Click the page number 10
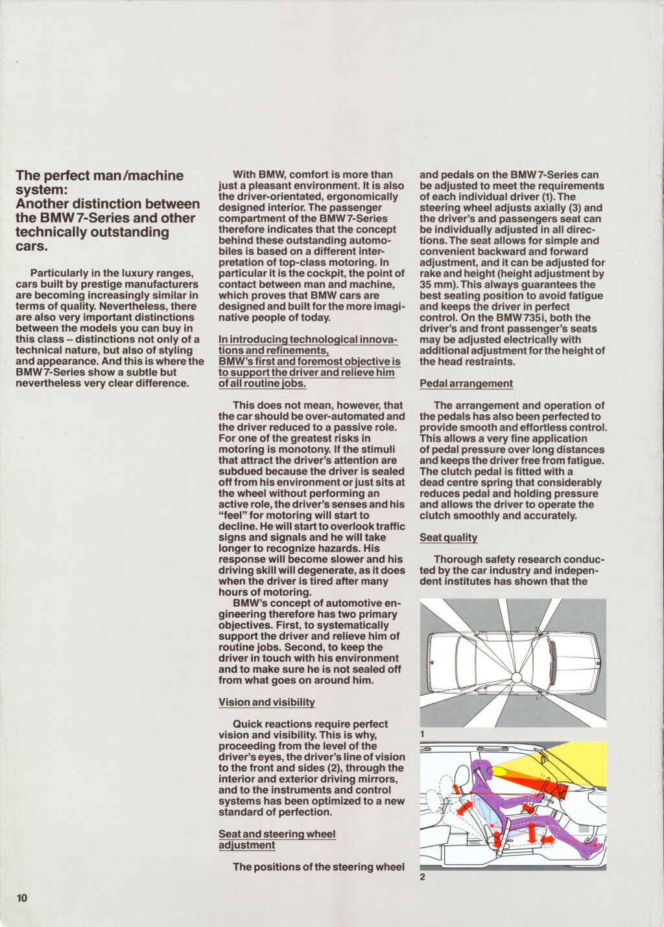(21, 898)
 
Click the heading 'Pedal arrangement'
(466, 384)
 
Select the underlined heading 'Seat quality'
(448, 537)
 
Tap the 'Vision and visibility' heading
(267, 702)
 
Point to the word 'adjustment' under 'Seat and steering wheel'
(246, 845)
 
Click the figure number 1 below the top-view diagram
(422, 734)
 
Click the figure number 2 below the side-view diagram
(422, 877)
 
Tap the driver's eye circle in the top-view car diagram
(517, 677)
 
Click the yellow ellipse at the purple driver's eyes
(500, 771)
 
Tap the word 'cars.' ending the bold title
(31, 246)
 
